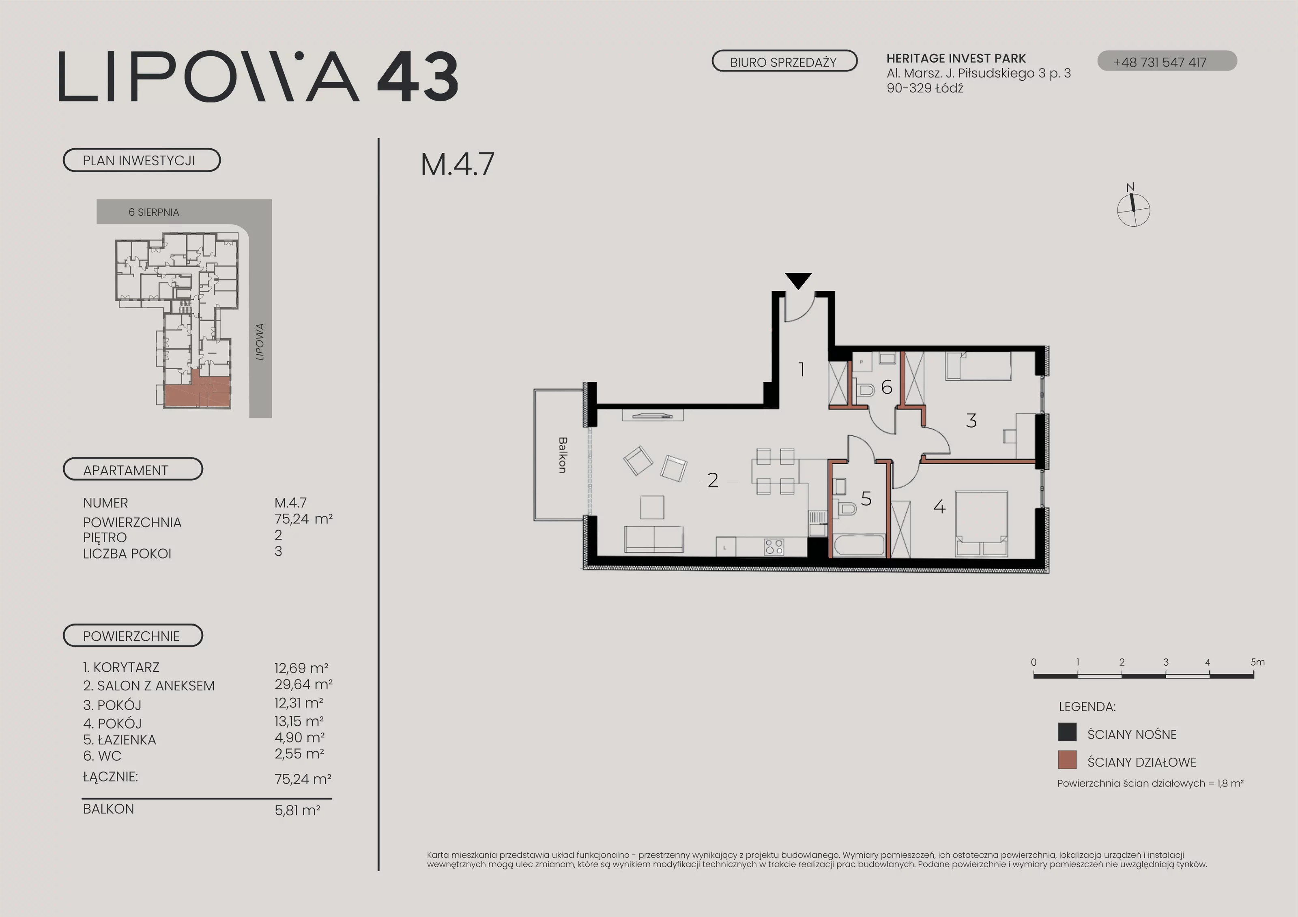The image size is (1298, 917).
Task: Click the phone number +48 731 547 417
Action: (1160, 62)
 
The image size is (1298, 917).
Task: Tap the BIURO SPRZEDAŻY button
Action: (784, 61)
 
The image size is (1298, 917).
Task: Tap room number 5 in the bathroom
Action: (866, 498)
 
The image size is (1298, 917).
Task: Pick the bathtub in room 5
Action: (859, 546)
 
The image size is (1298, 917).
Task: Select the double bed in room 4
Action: (982, 523)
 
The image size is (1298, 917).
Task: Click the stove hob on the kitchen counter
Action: (774, 546)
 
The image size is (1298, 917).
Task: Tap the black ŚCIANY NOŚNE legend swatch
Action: (1067, 732)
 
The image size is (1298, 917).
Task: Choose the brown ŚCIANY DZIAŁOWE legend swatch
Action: (1067, 760)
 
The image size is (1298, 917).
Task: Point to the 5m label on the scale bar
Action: (1258, 662)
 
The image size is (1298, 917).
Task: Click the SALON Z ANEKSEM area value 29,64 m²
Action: (303, 684)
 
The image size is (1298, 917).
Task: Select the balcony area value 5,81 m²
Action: (297, 810)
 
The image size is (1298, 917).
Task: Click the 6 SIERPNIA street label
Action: (154, 212)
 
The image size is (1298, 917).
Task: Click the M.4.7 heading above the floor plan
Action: (458, 165)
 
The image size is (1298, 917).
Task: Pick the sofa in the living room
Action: (654, 539)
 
